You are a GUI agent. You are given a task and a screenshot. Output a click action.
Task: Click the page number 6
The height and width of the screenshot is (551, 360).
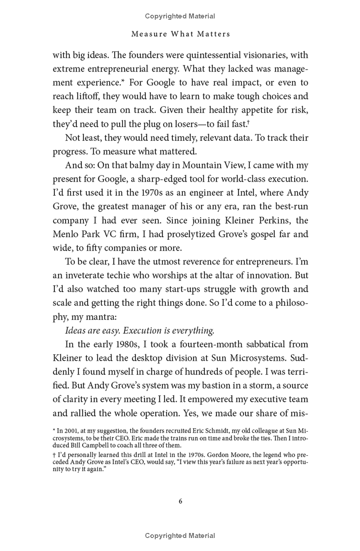pos(180,502)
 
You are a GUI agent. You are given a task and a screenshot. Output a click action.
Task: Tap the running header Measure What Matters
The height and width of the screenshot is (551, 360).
pos(180,34)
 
